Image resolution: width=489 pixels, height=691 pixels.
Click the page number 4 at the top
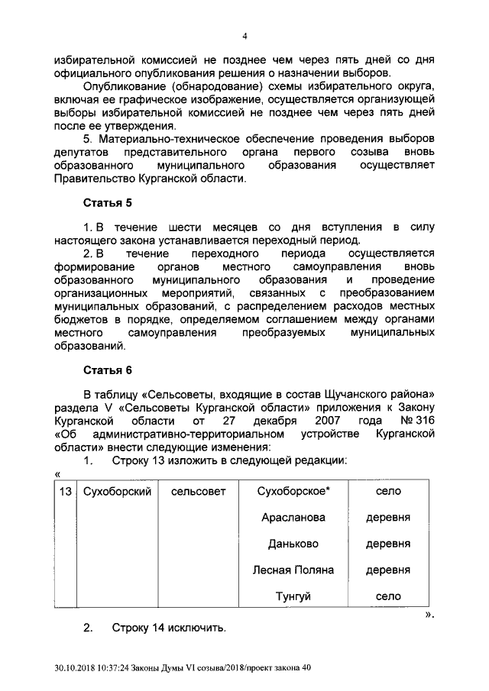click(x=245, y=36)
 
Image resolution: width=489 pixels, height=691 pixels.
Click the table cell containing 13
click(x=65, y=491)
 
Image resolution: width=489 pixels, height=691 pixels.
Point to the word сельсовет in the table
click(x=199, y=491)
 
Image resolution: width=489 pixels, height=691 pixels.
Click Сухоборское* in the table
click(x=293, y=491)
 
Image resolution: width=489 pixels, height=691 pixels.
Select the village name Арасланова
click(x=293, y=518)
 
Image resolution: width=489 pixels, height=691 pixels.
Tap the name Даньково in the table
click(x=293, y=544)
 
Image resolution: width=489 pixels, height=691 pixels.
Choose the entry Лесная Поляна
click(x=293, y=570)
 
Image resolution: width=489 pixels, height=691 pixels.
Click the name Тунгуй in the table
click(x=293, y=596)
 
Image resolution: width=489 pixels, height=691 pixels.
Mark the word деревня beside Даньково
click(x=388, y=544)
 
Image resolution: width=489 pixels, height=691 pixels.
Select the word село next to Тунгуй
click(x=388, y=596)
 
